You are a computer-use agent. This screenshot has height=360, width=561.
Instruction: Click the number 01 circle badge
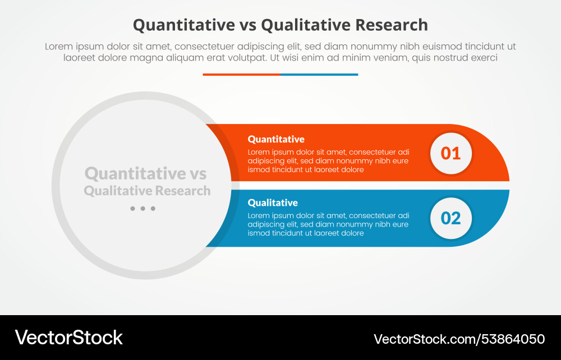coord(450,153)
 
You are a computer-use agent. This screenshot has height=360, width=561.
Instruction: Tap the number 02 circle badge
coord(450,218)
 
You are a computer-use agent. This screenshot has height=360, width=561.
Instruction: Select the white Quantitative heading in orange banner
coord(276,139)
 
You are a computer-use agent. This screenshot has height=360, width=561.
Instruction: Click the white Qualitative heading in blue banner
coord(273,202)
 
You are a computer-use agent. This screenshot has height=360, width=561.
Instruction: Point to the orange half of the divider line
coord(241,74)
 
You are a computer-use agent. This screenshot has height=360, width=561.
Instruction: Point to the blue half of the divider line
coord(319,74)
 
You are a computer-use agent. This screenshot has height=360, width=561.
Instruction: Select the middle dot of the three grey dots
coord(142,209)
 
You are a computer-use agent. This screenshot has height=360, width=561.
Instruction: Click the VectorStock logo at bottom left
coord(68,337)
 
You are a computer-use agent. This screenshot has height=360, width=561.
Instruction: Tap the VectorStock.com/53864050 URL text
coord(459,339)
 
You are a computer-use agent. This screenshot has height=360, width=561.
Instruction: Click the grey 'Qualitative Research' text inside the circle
coord(147,191)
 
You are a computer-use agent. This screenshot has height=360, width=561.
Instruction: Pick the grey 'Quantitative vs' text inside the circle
coord(145,173)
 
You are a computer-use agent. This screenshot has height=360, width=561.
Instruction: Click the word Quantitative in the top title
coord(183,25)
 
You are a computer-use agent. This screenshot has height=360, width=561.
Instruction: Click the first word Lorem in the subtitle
coord(59,47)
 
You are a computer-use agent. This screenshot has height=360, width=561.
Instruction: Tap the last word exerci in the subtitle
coord(483,57)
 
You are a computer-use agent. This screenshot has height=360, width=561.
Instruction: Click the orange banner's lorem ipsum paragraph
coord(328,160)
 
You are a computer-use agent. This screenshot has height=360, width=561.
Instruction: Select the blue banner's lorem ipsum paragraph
coord(328,224)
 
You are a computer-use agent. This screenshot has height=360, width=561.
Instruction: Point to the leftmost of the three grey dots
coord(132,209)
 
